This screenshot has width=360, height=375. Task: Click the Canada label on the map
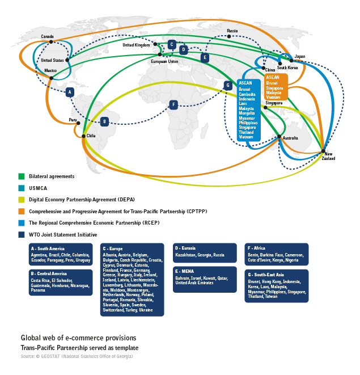click(47, 36)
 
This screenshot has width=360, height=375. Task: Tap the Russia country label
click(232, 31)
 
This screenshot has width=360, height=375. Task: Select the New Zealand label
click(328, 156)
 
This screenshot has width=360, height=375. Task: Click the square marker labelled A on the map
click(70, 92)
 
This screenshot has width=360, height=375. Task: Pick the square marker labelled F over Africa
click(173, 104)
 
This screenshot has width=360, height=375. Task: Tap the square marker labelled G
click(228, 86)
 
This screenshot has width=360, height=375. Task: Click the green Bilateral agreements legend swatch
click(22, 176)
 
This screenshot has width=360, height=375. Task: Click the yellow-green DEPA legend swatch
click(22, 199)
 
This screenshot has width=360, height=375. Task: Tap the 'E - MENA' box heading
click(188, 271)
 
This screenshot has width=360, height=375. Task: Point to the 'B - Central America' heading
click(50, 274)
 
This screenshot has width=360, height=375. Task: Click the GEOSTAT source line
click(77, 356)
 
